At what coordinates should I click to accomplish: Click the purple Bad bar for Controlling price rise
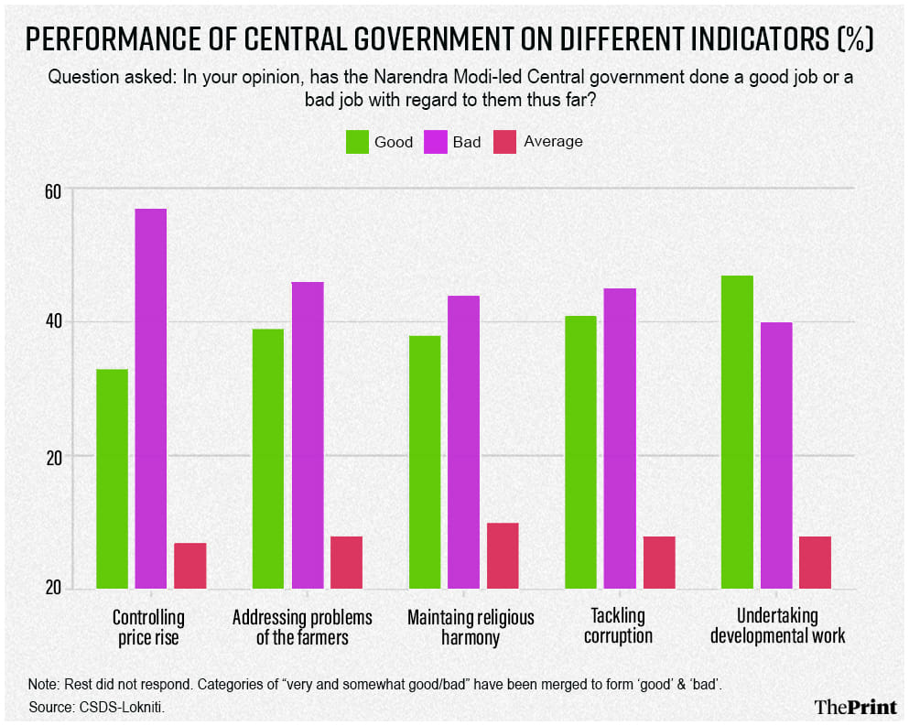(151, 398)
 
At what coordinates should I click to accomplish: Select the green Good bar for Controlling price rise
(112, 478)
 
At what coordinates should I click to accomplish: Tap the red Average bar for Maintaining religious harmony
(503, 555)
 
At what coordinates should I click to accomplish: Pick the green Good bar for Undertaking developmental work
(737, 431)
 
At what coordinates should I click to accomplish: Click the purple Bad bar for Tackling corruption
(620, 438)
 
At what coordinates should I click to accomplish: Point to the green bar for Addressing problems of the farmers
(268, 458)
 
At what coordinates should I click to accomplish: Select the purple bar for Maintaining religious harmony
(463, 441)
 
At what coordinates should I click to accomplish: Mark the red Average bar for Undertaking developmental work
(815, 562)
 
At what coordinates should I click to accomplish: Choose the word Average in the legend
(554, 142)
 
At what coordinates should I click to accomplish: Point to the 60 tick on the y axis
(53, 190)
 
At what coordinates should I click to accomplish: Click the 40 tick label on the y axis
(53, 322)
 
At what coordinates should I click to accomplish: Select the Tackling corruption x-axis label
(618, 626)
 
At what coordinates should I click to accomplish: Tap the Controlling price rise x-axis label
(148, 627)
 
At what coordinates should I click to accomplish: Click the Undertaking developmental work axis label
(777, 626)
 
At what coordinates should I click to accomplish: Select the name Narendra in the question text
(438, 77)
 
